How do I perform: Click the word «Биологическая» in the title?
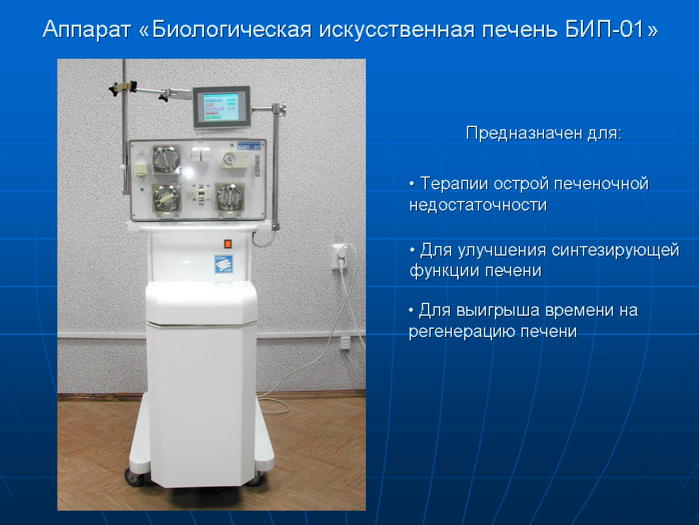232,30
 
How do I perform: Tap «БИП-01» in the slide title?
605,29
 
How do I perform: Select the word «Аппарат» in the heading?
87,30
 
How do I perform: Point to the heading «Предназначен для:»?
543,133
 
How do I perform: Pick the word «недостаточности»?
478,205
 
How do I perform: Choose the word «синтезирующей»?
615,250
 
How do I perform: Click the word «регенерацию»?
462,332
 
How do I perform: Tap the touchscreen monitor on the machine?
221,107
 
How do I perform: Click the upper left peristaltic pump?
167,159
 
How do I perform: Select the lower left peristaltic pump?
167,199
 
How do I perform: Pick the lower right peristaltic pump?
229,198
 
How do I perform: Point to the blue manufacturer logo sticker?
223,264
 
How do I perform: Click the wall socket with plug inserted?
340,256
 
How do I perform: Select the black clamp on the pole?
123,87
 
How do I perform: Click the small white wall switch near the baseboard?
345,343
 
